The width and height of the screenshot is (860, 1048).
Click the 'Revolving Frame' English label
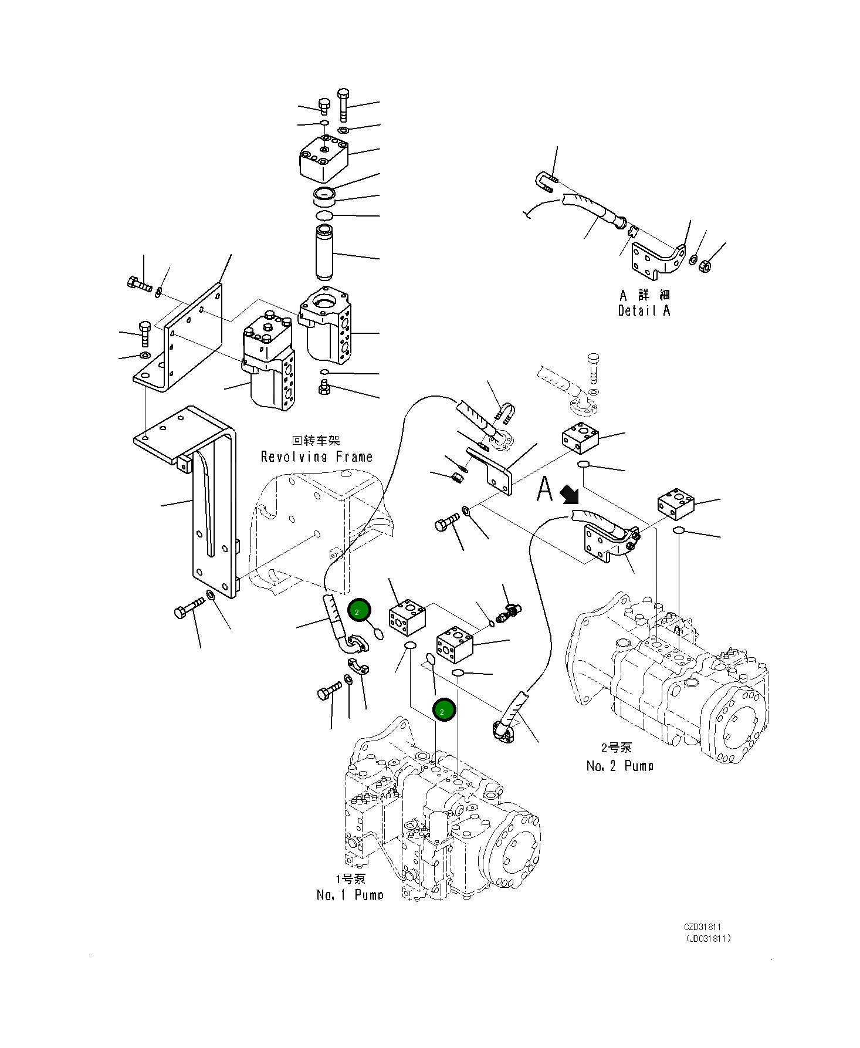(x=316, y=457)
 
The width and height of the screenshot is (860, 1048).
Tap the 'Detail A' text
(x=644, y=311)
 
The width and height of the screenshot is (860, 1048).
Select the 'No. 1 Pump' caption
(x=350, y=895)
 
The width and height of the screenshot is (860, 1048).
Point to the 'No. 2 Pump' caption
(x=619, y=766)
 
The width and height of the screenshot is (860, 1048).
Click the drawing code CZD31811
(x=702, y=927)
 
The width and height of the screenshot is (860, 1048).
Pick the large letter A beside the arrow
(x=545, y=489)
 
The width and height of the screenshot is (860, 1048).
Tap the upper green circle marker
(x=359, y=611)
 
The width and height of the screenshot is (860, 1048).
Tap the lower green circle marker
(x=443, y=711)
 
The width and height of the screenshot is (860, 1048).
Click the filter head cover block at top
(x=323, y=157)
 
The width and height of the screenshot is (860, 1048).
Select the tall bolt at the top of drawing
(x=344, y=104)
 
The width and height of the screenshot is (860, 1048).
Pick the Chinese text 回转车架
(x=316, y=440)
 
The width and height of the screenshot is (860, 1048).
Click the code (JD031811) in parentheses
(x=708, y=938)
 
